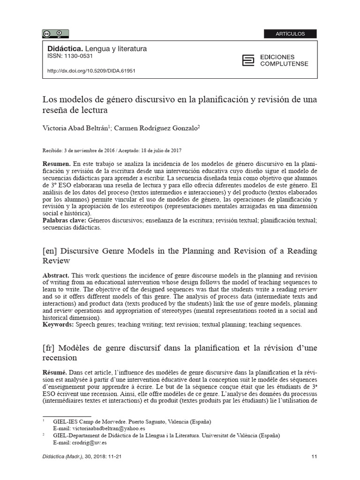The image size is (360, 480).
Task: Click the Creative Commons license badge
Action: [55, 33]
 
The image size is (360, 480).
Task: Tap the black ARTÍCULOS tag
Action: [290, 34]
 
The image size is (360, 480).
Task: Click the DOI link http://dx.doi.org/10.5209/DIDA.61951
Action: [91, 71]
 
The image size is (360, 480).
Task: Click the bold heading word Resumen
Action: [56, 165]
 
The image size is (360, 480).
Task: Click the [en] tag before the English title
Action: [50, 251]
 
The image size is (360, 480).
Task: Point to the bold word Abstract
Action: [56, 275]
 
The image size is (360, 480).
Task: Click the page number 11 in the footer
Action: [314, 457]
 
